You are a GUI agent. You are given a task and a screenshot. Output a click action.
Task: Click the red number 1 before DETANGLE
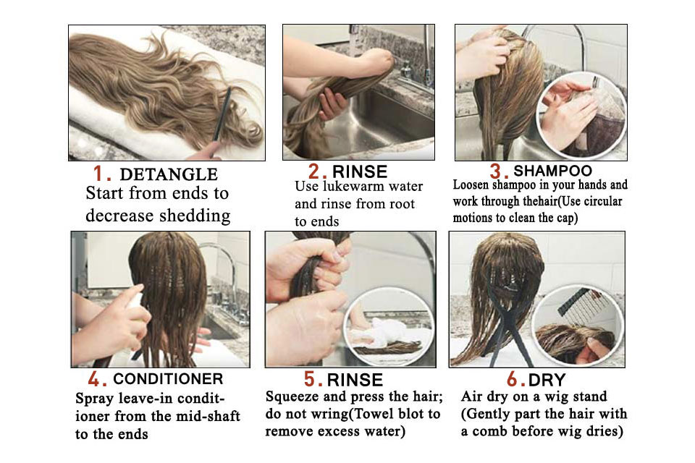coord(99,174)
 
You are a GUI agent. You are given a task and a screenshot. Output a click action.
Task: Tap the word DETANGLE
coord(169,174)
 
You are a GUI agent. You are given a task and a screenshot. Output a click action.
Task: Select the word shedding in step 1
coord(195,216)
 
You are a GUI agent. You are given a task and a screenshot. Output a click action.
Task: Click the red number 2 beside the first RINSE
coord(314,171)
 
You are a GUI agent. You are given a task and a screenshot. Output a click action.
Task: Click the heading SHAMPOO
coord(552,171)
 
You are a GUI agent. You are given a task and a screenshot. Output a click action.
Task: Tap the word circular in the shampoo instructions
coord(603,201)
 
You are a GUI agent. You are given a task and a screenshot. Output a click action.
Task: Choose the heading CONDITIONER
coord(168,379)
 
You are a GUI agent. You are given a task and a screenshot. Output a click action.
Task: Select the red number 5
coord(310,379)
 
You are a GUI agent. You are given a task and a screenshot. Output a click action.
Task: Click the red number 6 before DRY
coord(513,380)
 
